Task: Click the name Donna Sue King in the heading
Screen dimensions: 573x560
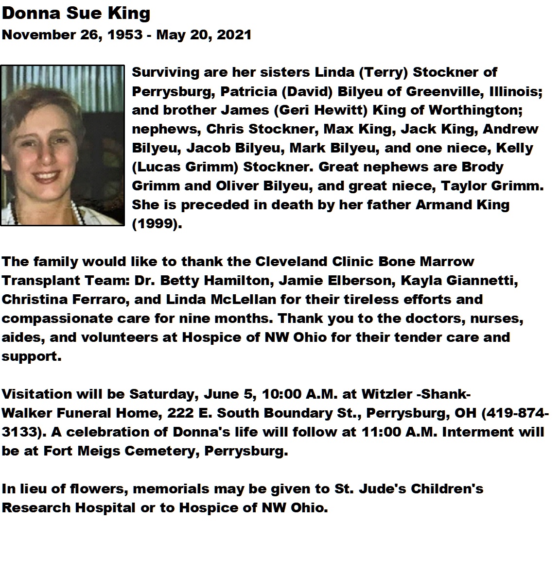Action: point(76,13)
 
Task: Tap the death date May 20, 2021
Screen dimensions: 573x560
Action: point(204,35)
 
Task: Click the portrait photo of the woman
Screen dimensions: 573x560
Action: point(62,145)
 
